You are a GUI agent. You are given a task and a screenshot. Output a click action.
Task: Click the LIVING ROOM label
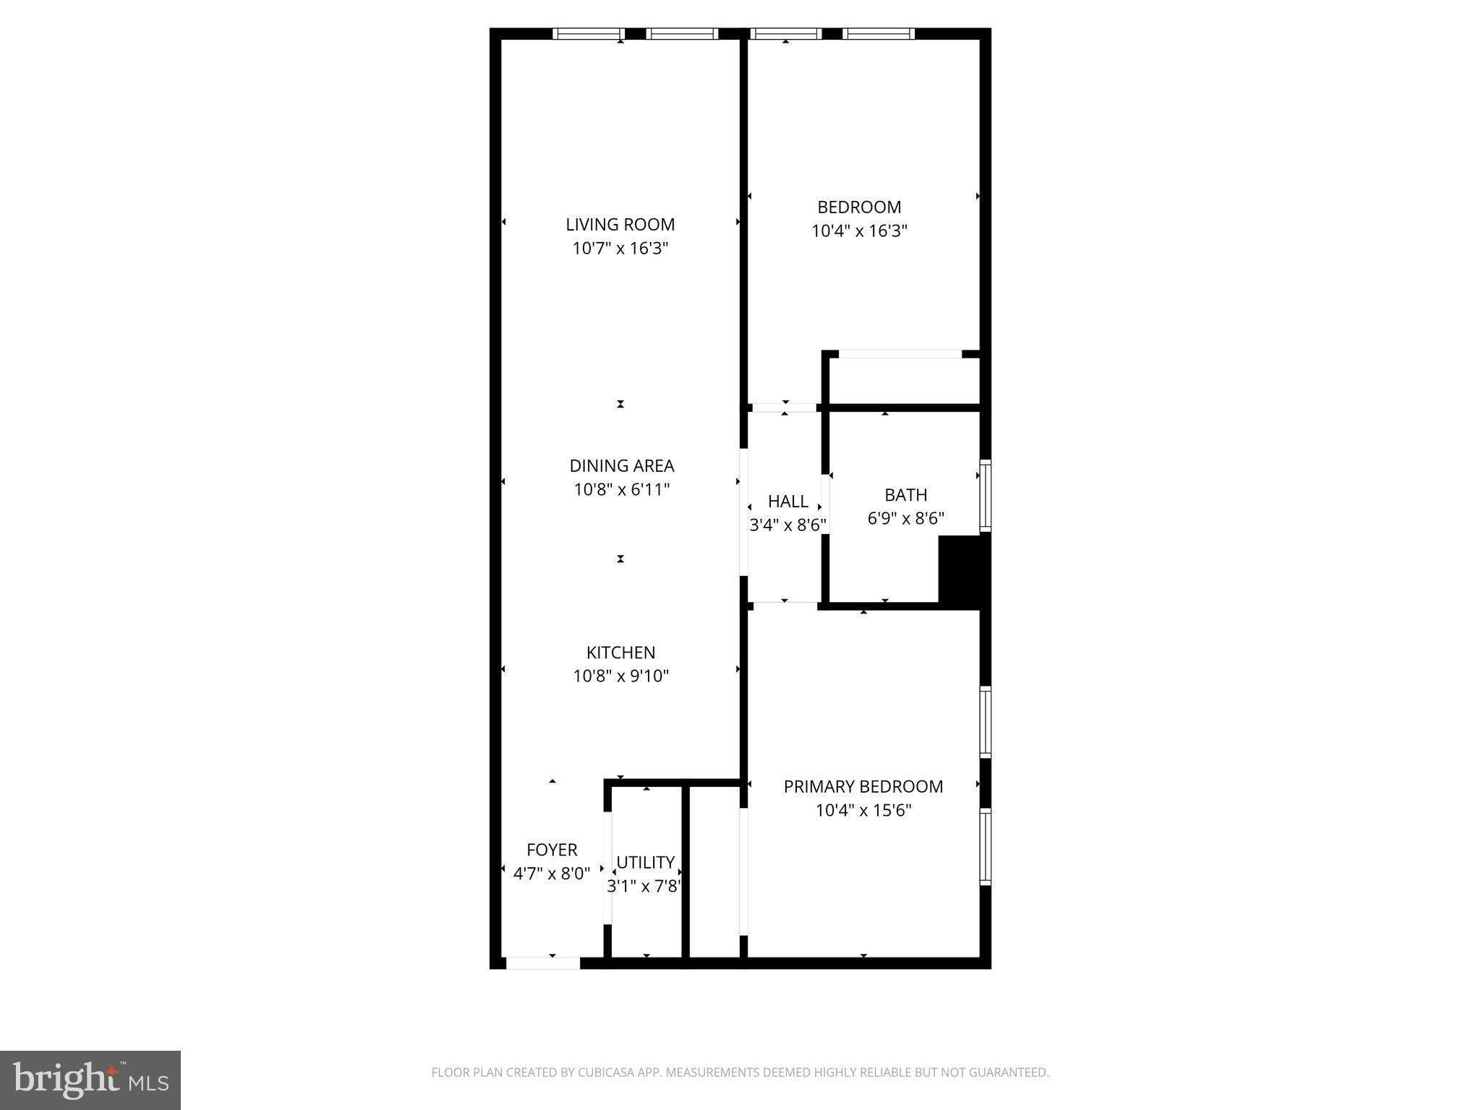620,225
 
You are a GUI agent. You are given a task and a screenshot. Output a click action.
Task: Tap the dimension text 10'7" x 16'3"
620,249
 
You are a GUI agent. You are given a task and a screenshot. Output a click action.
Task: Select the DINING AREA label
621,466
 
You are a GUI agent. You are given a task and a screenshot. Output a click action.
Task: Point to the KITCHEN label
620,653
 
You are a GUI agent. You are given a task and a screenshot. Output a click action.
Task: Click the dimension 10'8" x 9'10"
620,676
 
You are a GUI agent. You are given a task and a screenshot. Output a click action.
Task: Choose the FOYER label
552,850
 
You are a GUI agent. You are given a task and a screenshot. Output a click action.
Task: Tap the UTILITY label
645,862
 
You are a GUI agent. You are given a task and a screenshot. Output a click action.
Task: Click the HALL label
788,502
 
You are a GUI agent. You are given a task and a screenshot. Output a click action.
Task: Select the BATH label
905,495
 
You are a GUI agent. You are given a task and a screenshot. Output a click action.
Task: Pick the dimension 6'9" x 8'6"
905,518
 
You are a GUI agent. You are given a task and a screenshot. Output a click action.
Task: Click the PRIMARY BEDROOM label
863,786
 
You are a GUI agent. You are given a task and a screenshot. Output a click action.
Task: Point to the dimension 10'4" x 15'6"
863,810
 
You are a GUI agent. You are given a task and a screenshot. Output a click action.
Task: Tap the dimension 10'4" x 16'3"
859,231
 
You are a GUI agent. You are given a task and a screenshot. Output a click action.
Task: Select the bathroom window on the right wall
985,495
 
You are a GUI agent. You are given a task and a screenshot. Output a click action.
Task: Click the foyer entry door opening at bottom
542,963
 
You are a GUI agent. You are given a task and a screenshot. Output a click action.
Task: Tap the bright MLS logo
90,1080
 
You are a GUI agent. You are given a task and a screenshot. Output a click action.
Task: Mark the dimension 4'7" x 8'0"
551,874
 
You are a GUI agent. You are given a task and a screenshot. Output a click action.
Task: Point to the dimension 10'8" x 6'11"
621,490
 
